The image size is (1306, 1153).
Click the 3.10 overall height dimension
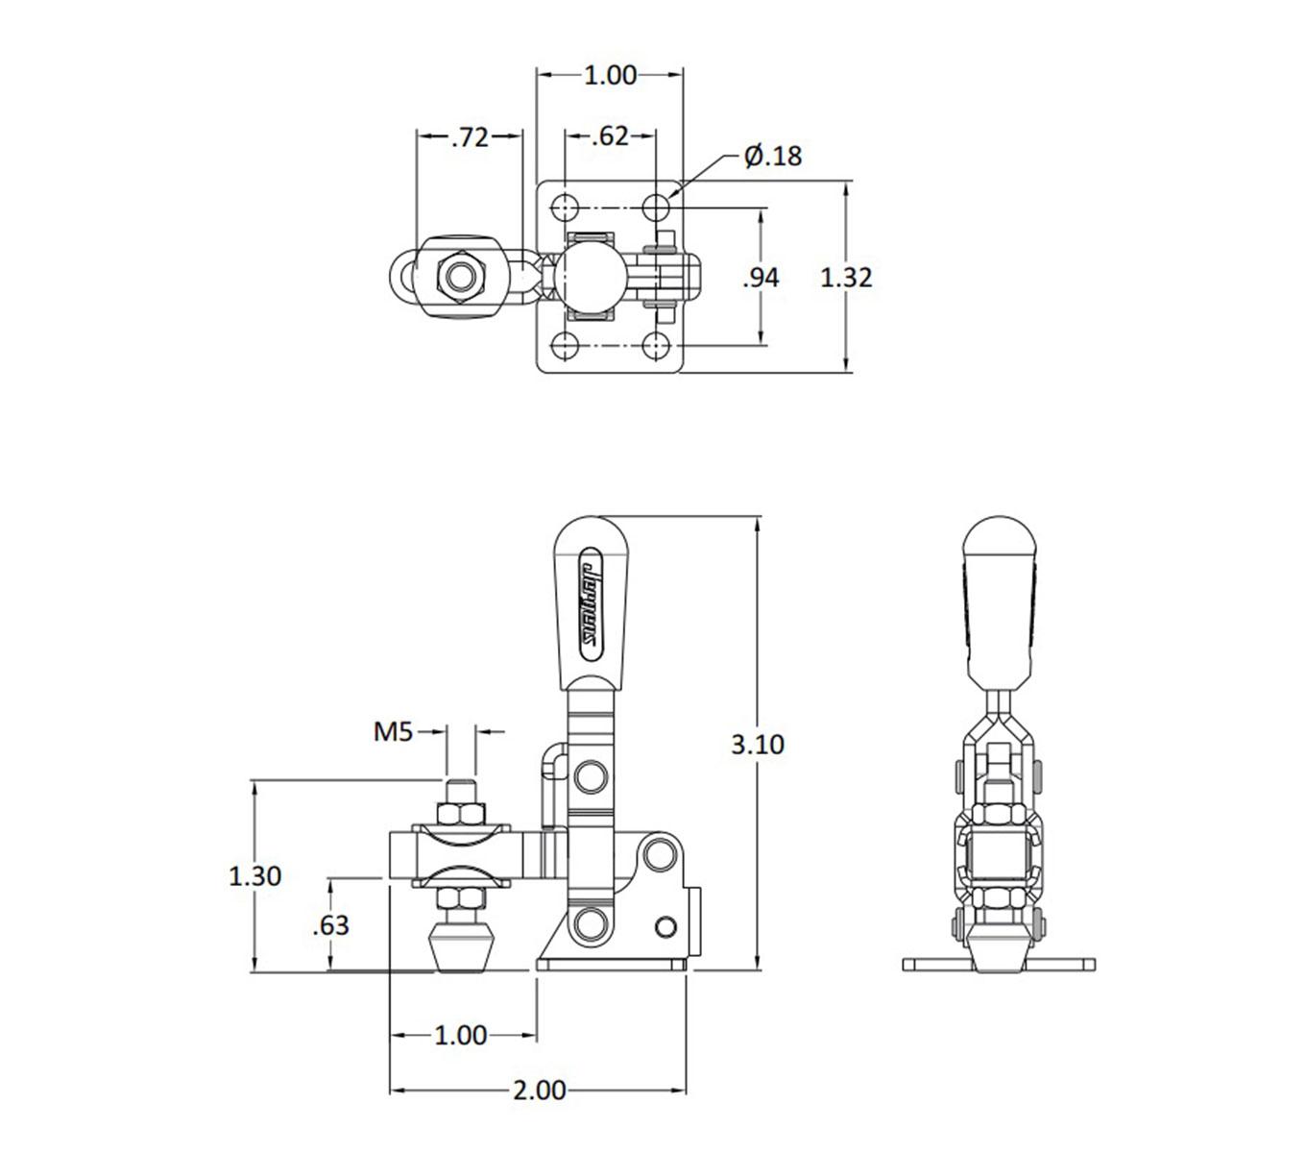point(757,744)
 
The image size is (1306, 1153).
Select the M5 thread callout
point(393,732)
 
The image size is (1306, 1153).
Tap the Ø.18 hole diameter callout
point(772,156)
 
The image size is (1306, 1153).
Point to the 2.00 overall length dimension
point(539,1090)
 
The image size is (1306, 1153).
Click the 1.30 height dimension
point(254,875)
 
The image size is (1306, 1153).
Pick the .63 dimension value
point(331,925)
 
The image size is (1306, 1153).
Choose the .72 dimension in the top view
point(470,137)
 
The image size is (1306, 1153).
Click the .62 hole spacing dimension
point(610,136)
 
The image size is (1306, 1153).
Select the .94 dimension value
point(762,278)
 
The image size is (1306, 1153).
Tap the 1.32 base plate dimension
point(846,278)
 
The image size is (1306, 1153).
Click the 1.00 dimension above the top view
point(610,75)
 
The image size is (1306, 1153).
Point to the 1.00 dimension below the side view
point(461,1035)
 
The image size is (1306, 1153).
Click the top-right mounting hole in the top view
point(657,207)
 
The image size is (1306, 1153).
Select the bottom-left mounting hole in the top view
point(565,344)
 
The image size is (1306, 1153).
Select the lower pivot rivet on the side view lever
point(591,924)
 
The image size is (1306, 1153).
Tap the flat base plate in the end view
point(999,964)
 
